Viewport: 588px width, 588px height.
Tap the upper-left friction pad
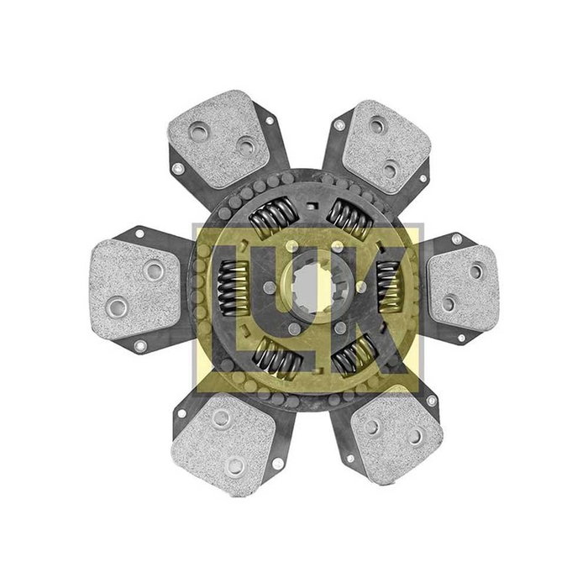point(218,139)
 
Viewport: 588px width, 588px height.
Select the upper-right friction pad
point(386,146)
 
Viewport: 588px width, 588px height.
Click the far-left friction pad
point(135,289)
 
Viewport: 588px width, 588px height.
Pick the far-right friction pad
point(464,287)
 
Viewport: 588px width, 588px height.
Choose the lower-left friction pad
point(224,444)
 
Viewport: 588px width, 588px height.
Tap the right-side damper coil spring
point(388,287)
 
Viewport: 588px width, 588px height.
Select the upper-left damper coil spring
point(273,217)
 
